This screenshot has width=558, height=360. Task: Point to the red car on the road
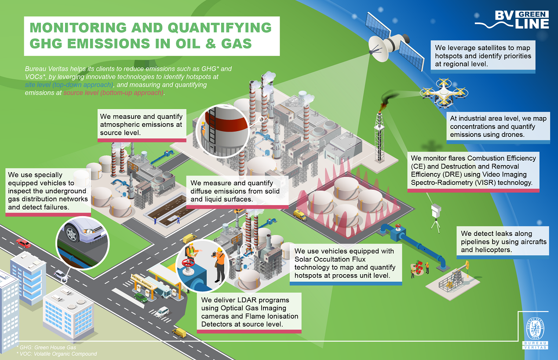(23, 243)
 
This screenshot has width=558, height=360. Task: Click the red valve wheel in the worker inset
(188, 266)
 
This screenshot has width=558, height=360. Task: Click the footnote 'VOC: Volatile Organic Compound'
(56, 353)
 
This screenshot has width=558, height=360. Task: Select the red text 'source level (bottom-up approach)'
(114, 93)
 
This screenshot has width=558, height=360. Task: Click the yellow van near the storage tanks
(299, 215)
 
